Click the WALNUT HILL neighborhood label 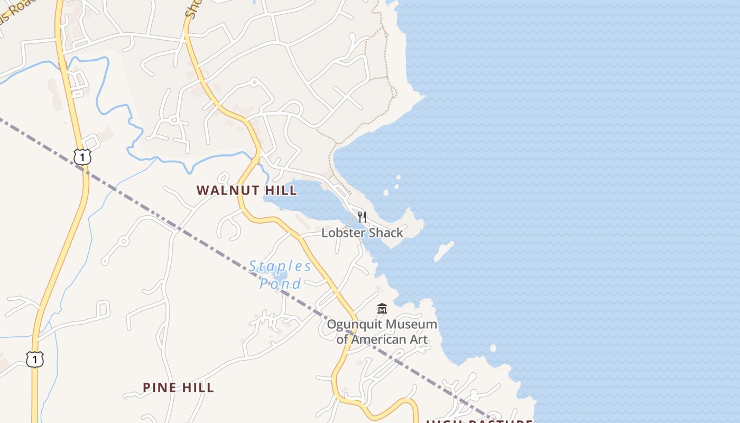point(246,190)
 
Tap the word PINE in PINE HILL point(159,388)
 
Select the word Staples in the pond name point(280,266)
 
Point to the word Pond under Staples point(280,283)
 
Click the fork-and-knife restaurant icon point(362,217)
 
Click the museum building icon point(382,308)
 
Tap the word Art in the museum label point(418,339)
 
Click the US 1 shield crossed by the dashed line point(82,157)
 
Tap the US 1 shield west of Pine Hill point(35,360)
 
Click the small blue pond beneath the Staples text point(280,275)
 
